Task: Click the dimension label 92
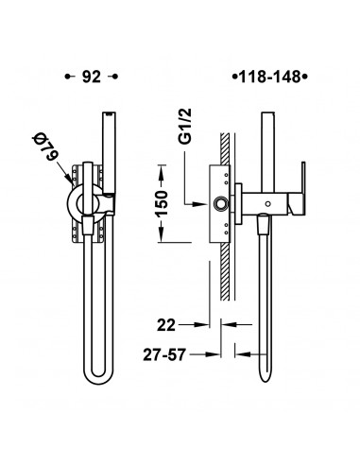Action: click(92, 77)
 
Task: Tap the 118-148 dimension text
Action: click(270, 77)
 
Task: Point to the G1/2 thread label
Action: click(186, 126)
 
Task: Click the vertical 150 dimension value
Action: click(163, 203)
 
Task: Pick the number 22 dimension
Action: click(166, 325)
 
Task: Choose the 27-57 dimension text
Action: click(164, 354)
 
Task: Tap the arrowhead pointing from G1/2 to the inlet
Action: click(201, 204)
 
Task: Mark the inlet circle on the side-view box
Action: click(219, 204)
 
